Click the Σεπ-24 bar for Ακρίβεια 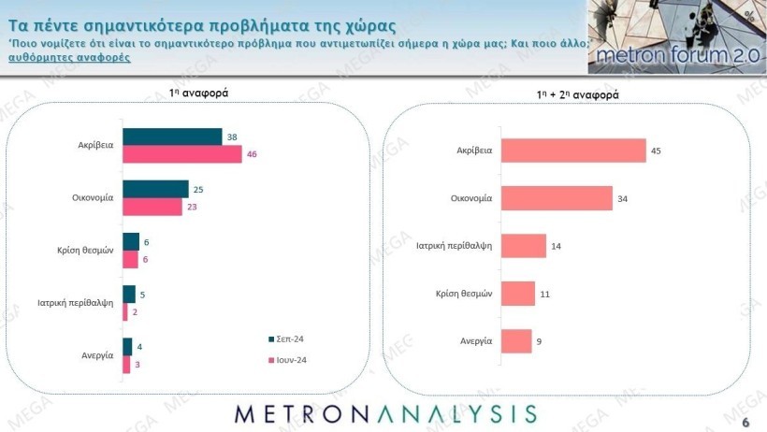(172, 137)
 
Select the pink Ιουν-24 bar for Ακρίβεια (181, 154)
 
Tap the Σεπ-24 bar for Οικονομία (155, 190)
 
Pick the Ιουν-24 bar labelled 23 (152, 207)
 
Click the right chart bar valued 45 (573, 150)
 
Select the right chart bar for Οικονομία (557, 197)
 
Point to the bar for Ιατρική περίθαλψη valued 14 (524, 245)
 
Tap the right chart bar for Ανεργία (516, 341)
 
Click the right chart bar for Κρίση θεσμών (518, 294)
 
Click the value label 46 (252, 155)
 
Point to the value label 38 (231, 137)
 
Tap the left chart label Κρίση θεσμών (85, 251)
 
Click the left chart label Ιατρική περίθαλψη (76, 303)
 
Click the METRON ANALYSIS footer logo (384, 413)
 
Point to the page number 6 (745, 423)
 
